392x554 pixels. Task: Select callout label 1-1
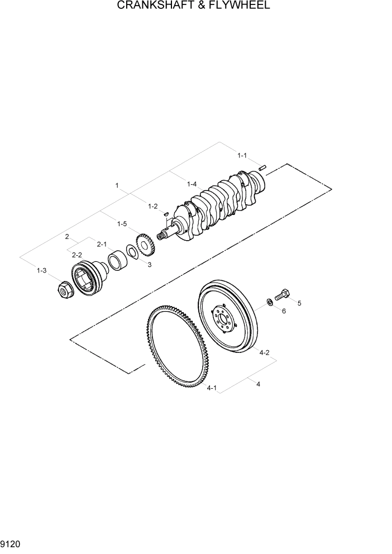point(242,155)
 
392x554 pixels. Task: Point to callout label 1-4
point(192,184)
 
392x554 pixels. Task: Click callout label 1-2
point(152,206)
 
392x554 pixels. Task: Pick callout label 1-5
point(122,224)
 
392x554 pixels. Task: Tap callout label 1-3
point(41,271)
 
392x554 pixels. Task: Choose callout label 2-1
point(102,244)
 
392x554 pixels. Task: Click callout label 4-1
point(212,387)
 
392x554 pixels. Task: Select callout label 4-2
point(264,352)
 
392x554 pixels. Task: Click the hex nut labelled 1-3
point(65,289)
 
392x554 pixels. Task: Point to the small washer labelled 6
point(270,302)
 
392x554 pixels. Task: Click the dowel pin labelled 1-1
point(264,166)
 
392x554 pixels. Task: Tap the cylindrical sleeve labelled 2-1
point(117,261)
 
